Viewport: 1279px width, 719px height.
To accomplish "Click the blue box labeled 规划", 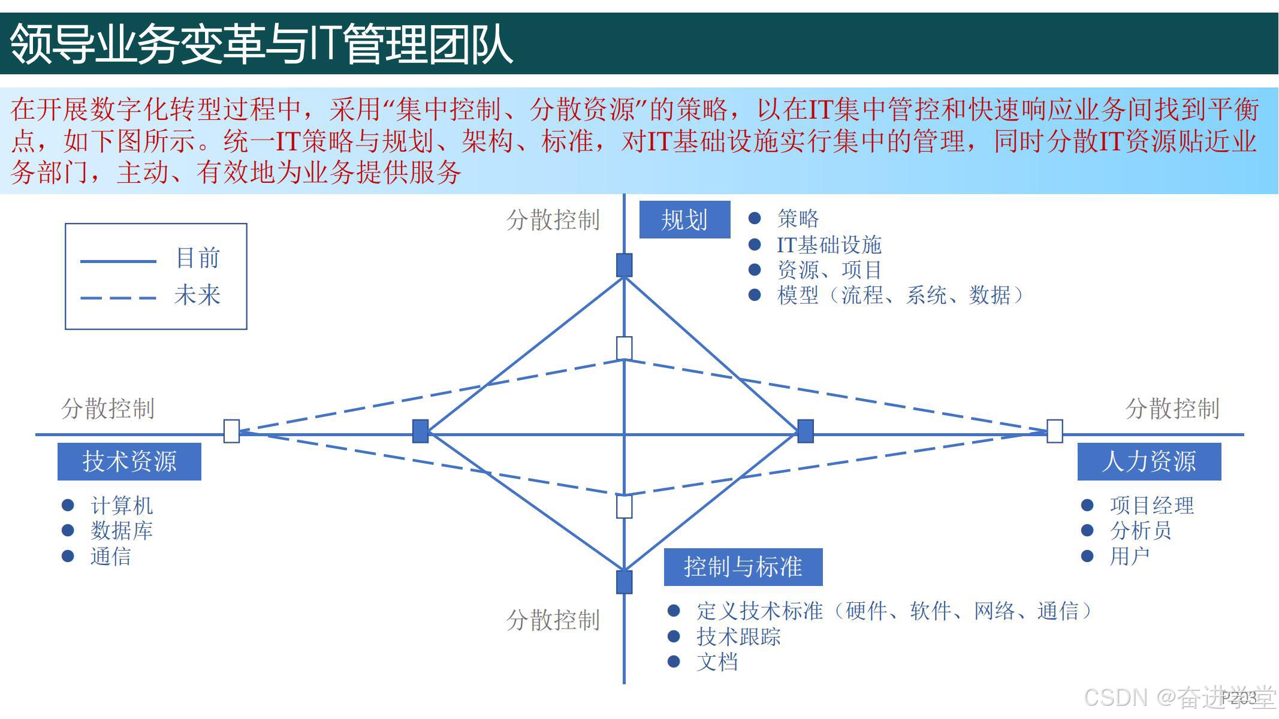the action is pos(684,220).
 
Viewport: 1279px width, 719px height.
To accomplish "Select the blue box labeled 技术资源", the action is pos(129,461).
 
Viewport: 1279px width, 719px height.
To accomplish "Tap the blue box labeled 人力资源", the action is pos(1149,461).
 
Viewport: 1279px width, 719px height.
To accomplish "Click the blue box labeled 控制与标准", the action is pos(743,567).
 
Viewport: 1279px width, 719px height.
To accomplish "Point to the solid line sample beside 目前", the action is pos(118,261).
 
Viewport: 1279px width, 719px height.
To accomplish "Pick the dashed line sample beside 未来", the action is pos(118,298).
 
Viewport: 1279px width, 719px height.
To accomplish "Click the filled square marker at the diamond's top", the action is pos(625,265).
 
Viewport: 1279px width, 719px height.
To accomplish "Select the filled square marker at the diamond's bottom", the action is pos(625,582).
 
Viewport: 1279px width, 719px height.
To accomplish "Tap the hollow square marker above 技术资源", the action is pos(231,431).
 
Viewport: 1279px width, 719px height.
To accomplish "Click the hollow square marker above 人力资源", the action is pos(1055,431).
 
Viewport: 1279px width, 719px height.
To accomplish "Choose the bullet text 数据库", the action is pos(122,531).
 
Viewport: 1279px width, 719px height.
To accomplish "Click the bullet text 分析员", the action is pos(1141,531).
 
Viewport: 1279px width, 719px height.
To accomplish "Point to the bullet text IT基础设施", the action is pos(829,245).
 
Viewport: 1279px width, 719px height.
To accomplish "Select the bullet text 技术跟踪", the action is pos(738,637).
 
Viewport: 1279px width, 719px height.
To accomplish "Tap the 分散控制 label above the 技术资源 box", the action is pos(108,409).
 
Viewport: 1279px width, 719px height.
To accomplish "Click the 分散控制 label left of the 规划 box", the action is pos(553,220).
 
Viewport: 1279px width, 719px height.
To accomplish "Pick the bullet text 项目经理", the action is pos(1151,506).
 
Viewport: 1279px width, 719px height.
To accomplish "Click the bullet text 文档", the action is pos(717,662).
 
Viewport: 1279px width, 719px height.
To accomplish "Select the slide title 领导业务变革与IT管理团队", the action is pos(261,44).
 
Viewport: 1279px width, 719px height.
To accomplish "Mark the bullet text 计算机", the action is pos(122,506).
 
